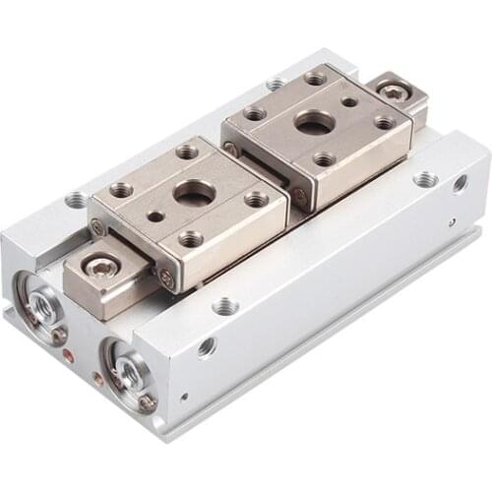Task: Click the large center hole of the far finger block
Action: [314, 123]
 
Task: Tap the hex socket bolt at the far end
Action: [395, 91]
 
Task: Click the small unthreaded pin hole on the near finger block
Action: [155, 216]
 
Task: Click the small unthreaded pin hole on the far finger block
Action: [349, 101]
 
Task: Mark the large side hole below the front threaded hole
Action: [206, 346]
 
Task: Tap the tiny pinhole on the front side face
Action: [184, 398]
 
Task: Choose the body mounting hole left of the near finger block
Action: [76, 200]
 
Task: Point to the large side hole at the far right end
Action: [460, 183]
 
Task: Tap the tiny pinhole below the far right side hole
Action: [452, 222]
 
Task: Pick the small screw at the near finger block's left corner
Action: [98, 228]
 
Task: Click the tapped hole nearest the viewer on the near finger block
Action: [191, 238]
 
